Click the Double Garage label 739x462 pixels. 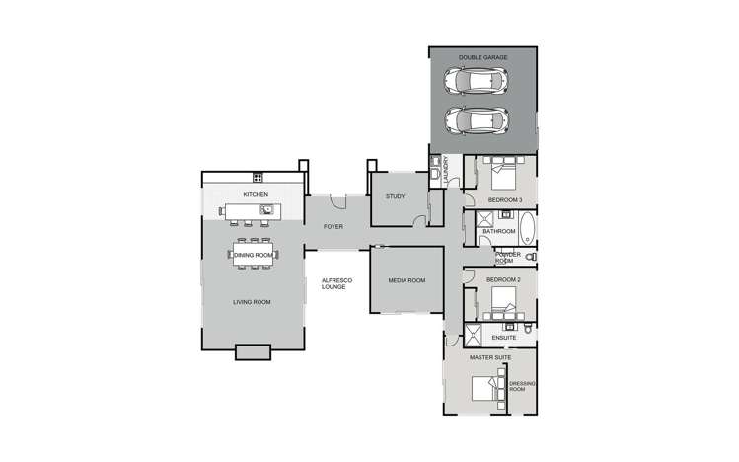[482, 58]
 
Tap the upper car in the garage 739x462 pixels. [477, 80]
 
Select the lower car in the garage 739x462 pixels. [477, 120]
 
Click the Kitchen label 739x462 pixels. [257, 195]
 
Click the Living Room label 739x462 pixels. [253, 302]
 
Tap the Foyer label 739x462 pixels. [333, 227]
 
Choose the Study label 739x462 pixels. [395, 196]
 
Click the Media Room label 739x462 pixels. [406, 281]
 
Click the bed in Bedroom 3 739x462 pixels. [502, 177]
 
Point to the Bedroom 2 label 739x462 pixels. [503, 280]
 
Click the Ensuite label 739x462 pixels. [503, 337]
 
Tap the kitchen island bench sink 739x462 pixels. [265, 209]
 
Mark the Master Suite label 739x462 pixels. [488, 357]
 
